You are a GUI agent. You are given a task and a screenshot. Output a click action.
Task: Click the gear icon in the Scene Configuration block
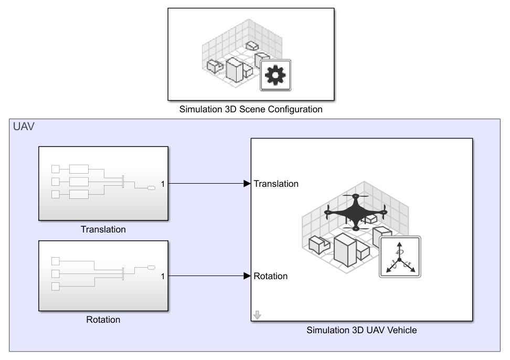click(275, 75)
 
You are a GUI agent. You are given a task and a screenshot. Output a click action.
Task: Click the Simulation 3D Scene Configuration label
click(251, 110)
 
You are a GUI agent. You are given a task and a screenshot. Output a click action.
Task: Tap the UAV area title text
click(24, 127)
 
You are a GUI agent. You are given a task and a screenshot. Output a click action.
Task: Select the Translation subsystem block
click(103, 183)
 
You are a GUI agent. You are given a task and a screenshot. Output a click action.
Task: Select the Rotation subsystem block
click(103, 276)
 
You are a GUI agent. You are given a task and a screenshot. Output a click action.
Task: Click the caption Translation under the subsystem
click(103, 229)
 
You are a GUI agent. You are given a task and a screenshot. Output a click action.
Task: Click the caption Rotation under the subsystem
click(103, 320)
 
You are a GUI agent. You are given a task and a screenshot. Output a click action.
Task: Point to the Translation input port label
click(276, 184)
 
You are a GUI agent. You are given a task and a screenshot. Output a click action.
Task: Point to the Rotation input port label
click(271, 276)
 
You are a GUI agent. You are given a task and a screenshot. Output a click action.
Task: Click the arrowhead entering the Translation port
click(247, 184)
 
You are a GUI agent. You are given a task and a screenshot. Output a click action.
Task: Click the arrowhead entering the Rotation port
click(247, 276)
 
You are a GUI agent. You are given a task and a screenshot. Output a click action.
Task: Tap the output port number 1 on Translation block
click(163, 184)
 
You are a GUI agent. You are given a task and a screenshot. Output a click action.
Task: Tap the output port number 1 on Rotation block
click(163, 276)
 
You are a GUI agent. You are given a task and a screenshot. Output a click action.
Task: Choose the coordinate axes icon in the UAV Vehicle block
click(400, 257)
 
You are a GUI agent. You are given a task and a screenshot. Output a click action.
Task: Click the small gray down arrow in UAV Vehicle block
click(257, 315)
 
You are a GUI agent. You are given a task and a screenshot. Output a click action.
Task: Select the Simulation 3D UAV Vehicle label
click(362, 331)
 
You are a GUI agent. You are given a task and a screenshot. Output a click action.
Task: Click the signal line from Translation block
click(205, 184)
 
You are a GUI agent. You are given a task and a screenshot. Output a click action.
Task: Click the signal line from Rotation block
click(205, 276)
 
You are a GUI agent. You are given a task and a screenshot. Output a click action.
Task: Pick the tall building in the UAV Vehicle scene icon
click(345, 249)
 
